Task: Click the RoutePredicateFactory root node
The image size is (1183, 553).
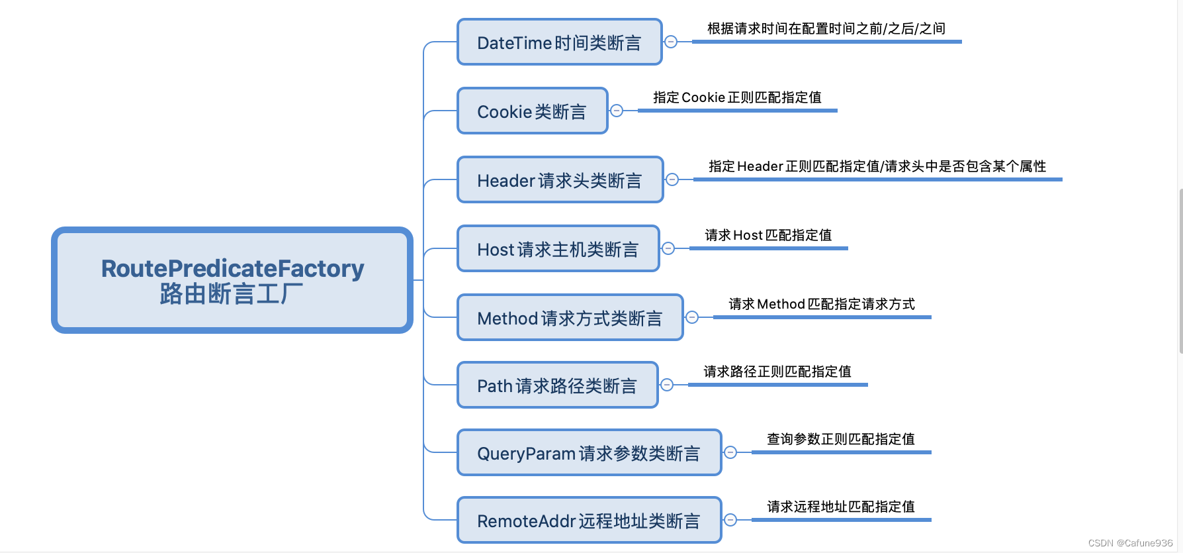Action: [232, 280]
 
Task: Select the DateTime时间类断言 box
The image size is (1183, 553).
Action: [560, 42]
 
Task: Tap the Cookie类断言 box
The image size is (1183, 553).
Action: [533, 111]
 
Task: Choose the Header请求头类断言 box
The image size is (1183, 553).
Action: [560, 179]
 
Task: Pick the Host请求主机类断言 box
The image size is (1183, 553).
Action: [558, 248]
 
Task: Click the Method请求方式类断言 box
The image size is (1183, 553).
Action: [570, 317]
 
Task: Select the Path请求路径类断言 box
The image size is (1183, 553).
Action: [558, 385]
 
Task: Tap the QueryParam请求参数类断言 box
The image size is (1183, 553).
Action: [590, 452]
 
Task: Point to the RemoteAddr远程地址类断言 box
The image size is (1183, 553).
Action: [590, 520]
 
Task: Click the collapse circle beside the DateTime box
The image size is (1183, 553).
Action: [671, 42]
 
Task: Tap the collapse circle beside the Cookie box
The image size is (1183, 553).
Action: [617, 111]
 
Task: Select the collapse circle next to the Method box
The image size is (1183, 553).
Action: [692, 317]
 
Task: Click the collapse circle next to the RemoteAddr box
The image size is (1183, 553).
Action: [730, 520]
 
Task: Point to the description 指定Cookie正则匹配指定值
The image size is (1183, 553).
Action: [737, 97]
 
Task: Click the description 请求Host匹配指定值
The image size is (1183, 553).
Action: [768, 235]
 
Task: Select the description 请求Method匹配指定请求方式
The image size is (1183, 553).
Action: [822, 304]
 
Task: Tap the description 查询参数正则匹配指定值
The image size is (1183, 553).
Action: [841, 439]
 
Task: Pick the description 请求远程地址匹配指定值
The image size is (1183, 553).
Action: [841, 507]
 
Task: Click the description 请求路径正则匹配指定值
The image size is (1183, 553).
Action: [777, 372]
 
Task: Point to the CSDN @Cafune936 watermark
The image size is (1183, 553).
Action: [1130, 543]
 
